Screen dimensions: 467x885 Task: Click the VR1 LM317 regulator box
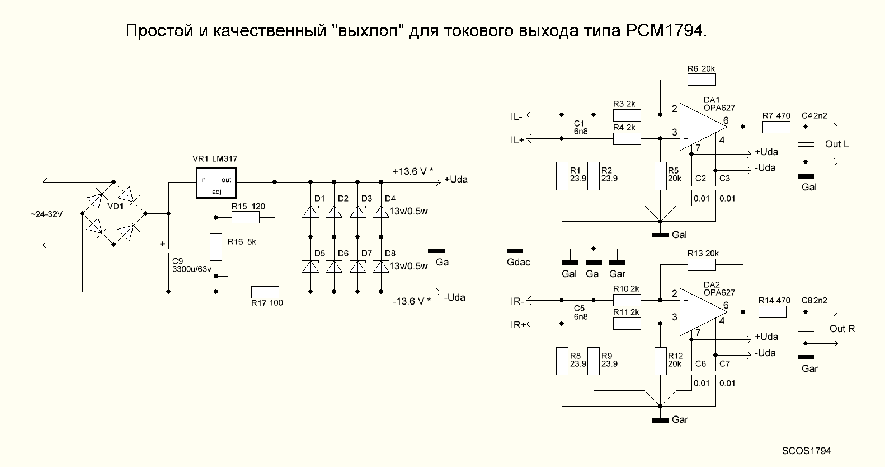[x=216, y=183]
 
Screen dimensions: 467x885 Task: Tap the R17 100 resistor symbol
[x=265, y=292]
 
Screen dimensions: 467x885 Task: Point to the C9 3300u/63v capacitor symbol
[x=168, y=250]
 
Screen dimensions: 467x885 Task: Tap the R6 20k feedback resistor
[x=702, y=80]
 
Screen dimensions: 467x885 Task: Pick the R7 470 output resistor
[x=776, y=127]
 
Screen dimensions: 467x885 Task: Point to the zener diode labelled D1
[x=310, y=212]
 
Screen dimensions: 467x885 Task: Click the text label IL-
[x=516, y=116]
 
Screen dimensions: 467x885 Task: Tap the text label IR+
[x=517, y=325]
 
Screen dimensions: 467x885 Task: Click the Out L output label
[x=837, y=144]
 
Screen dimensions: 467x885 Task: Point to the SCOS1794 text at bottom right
[x=807, y=450]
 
